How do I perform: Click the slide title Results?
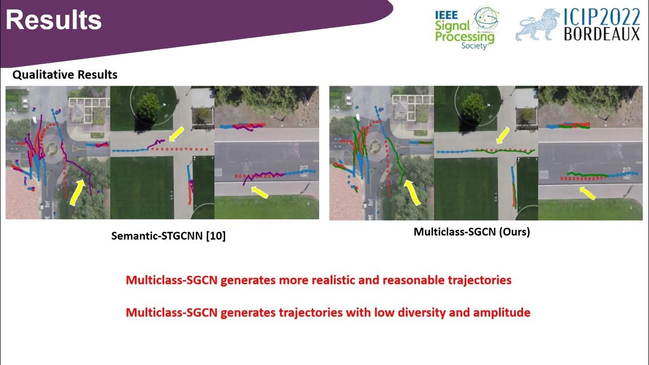[x=54, y=20]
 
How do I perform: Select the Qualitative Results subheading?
[x=65, y=75]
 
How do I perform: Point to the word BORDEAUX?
[x=602, y=34]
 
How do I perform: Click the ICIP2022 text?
[x=602, y=17]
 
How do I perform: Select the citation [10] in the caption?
[x=215, y=236]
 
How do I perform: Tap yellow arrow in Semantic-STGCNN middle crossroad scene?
[x=176, y=134]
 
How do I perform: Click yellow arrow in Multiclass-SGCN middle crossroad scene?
[x=503, y=135]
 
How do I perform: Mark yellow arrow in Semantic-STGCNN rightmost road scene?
[x=260, y=191]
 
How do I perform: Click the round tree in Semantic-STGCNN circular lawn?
[x=149, y=106]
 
